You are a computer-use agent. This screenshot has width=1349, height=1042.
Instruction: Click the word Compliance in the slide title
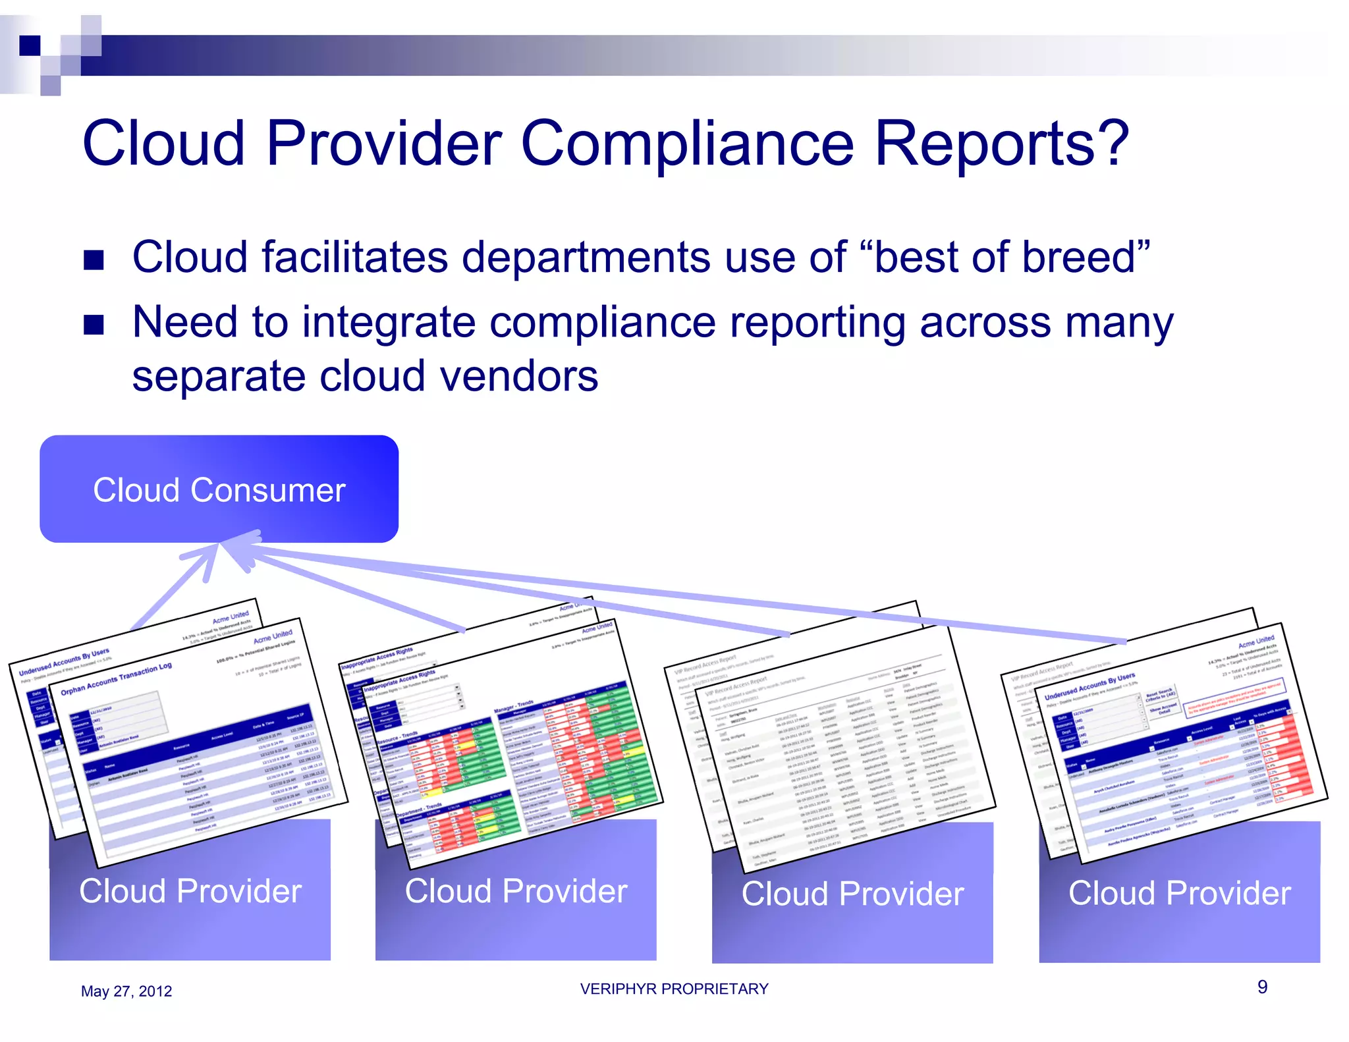coord(687,143)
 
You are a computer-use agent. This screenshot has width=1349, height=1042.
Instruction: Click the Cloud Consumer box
coord(219,489)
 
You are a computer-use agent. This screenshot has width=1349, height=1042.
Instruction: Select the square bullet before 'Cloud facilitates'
coord(94,260)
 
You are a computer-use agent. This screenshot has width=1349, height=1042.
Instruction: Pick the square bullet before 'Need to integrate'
coord(94,325)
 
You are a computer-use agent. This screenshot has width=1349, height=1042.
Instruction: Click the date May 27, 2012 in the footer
coord(126,991)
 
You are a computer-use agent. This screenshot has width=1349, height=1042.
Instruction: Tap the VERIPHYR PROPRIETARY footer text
coord(674,989)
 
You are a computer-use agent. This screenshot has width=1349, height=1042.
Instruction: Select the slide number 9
coord(1262,987)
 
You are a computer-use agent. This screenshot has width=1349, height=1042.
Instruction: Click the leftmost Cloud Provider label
coord(190,891)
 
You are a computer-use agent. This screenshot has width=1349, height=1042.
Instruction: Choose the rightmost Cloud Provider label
coord(1179,893)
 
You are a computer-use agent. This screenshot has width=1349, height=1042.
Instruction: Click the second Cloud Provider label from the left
coord(515,891)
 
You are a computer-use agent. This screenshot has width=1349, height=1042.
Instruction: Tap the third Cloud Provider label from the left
coord(852,894)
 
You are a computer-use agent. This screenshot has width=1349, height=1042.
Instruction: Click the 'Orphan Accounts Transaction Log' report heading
coord(117,679)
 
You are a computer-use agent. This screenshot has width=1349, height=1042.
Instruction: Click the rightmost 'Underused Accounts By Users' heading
coord(1089,686)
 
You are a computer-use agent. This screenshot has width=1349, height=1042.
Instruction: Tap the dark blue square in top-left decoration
coord(30,45)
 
